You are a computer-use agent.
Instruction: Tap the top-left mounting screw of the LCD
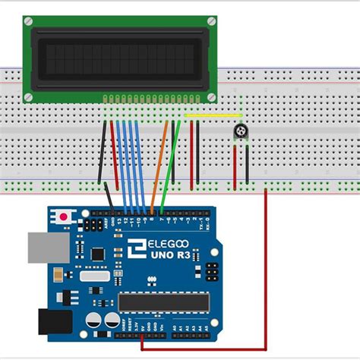coord(29,23)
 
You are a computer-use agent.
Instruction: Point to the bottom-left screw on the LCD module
coord(29,96)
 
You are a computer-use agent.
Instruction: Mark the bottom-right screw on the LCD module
coord(212,96)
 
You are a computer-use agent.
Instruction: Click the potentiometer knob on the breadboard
coord(241,133)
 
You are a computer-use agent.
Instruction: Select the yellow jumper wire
coord(213,116)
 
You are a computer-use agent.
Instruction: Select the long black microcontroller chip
coord(163,302)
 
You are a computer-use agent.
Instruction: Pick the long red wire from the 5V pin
coord(265,266)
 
